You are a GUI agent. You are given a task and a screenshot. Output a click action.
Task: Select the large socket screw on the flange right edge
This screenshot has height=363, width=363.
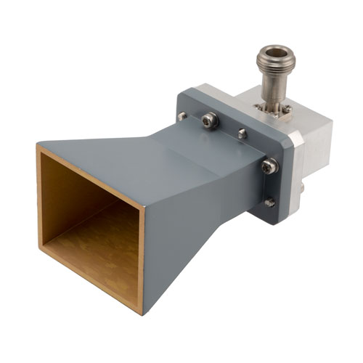tap(269, 166)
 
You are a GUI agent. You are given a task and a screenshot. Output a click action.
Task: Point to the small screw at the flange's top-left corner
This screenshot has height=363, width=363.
tap(181, 116)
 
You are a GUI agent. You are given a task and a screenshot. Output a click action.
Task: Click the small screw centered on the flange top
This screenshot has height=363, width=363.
tap(242, 134)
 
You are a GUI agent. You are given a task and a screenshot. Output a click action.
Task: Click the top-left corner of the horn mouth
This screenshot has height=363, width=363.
tap(38, 145)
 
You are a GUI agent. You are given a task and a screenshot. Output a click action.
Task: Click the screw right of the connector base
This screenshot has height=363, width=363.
tap(288, 109)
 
